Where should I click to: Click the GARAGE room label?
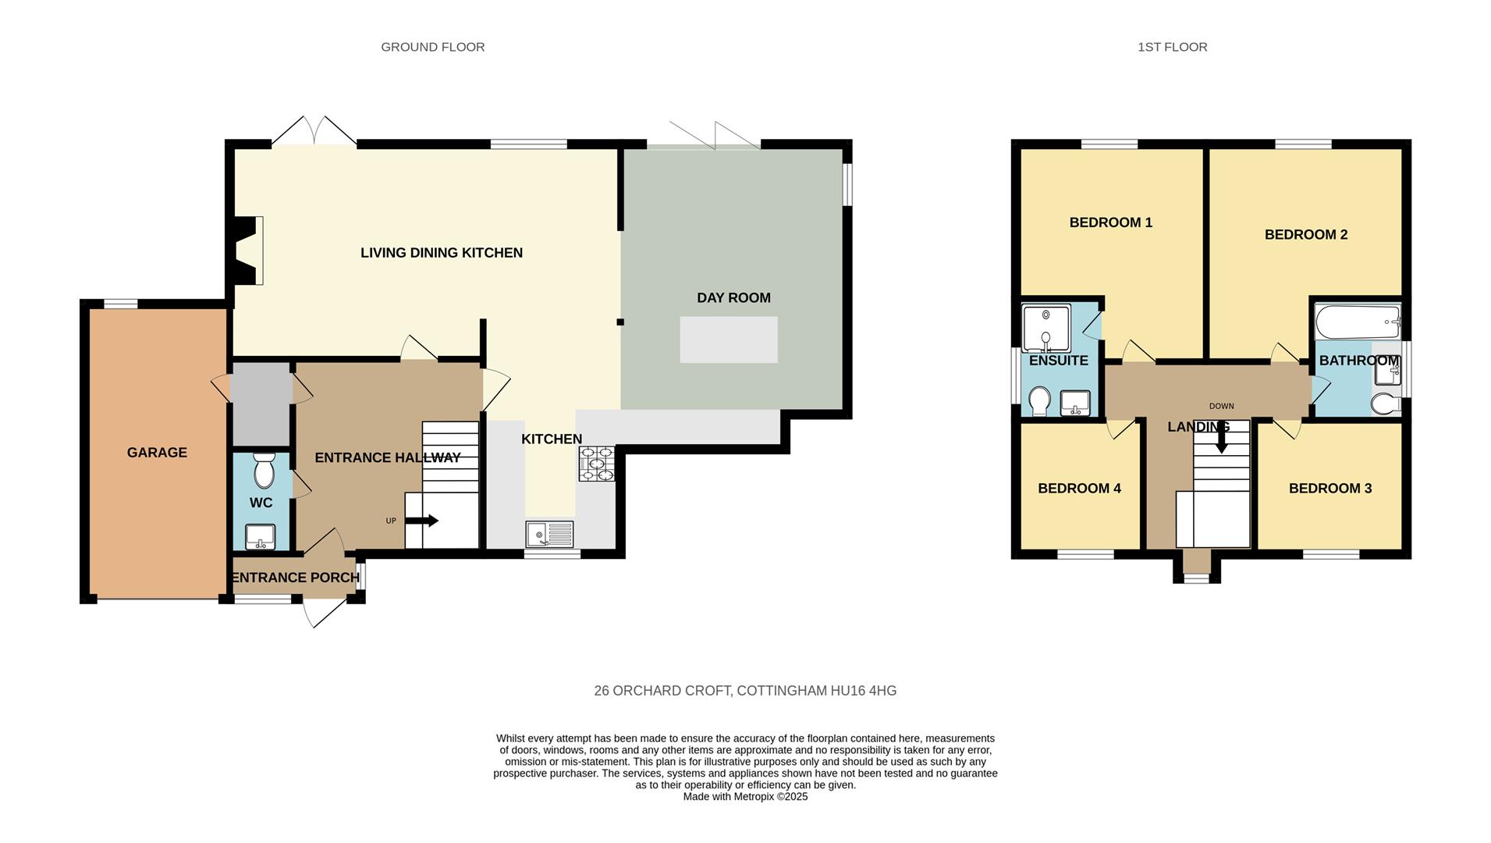click(x=157, y=453)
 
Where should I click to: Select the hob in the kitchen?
click(x=596, y=464)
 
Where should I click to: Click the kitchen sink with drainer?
click(x=549, y=535)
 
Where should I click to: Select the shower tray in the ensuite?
click(x=1045, y=328)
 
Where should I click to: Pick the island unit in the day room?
click(x=728, y=340)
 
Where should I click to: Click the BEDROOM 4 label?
click(x=1079, y=489)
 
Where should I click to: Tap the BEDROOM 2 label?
click(x=1305, y=235)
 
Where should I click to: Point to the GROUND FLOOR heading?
click(x=432, y=47)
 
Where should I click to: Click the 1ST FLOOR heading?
click(x=1172, y=47)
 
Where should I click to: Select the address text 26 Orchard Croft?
click(x=745, y=691)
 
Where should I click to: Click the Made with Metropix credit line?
click(x=745, y=797)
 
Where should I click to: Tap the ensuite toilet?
click(x=1039, y=401)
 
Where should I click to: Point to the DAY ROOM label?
click(x=733, y=298)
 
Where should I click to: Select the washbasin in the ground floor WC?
click(x=260, y=537)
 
